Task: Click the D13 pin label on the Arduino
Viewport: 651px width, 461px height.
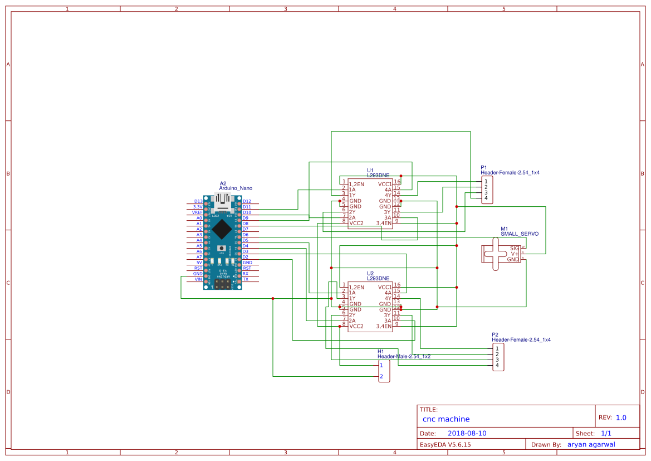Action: (x=198, y=201)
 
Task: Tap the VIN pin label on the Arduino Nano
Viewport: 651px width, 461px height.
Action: (x=198, y=279)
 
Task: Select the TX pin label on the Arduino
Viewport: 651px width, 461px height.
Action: (x=246, y=279)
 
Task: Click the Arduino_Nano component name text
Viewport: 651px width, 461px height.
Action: (x=236, y=188)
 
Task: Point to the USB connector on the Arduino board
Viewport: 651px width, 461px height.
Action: (x=222, y=204)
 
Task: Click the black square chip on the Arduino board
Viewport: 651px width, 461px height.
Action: (x=222, y=229)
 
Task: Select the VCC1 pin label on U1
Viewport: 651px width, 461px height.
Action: (x=385, y=184)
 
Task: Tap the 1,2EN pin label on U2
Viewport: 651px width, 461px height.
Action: (x=356, y=287)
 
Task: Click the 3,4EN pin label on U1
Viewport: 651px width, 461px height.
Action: (x=384, y=223)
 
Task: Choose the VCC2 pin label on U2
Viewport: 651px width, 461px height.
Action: (x=356, y=326)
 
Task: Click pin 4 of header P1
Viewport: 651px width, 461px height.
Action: (x=486, y=198)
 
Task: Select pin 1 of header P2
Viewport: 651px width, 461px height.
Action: (x=497, y=348)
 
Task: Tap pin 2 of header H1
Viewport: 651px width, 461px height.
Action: (x=381, y=377)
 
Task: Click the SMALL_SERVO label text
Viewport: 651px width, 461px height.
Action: (x=519, y=234)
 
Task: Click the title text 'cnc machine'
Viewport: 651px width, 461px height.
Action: (x=446, y=419)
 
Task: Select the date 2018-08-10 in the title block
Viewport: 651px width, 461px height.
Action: (x=467, y=433)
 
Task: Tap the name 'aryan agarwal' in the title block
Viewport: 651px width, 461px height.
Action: (x=595, y=444)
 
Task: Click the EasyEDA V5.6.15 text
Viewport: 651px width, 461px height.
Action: (x=445, y=444)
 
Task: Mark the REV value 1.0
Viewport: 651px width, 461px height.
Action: (x=620, y=418)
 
